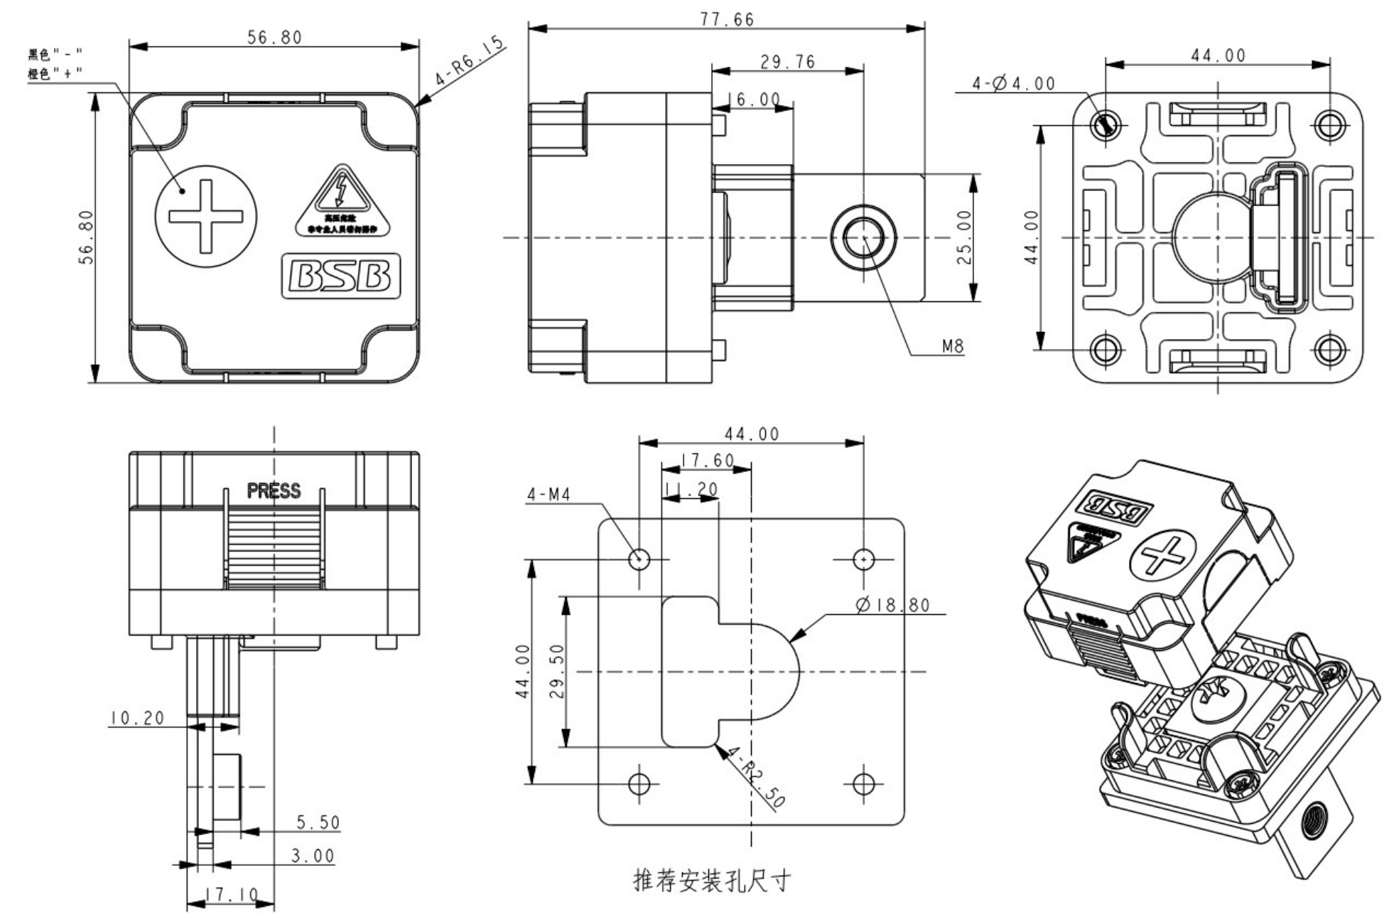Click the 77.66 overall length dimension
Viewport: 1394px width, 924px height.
click(x=726, y=19)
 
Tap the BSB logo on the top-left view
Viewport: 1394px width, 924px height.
click(x=342, y=276)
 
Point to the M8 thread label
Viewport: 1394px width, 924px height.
click(x=952, y=346)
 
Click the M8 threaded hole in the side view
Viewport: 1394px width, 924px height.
click(x=863, y=237)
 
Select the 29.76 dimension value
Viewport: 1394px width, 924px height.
click(x=787, y=63)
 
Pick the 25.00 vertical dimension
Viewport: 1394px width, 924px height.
click(x=964, y=237)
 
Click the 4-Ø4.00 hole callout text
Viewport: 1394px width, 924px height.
click(x=1013, y=84)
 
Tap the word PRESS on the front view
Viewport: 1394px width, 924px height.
click(x=274, y=490)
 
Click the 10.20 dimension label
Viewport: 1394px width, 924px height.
click(x=137, y=718)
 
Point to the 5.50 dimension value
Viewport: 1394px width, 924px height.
click(x=318, y=822)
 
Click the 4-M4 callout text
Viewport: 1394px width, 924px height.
click(x=549, y=494)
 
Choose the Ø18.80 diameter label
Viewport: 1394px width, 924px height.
click(x=893, y=605)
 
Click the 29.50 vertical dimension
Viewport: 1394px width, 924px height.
click(x=557, y=671)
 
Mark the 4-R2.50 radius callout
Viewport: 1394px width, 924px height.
click(x=757, y=777)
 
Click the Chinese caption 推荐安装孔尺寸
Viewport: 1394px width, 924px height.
click(x=711, y=881)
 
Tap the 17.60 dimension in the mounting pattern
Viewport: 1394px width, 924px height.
click(x=707, y=461)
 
